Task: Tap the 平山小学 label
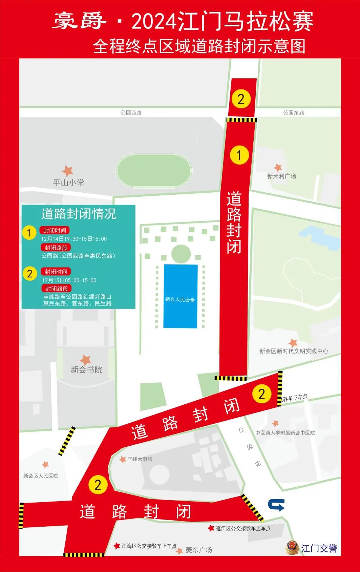[68, 183]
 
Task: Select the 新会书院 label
[86, 369]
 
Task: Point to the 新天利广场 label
[281, 176]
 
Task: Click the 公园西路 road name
[131, 112]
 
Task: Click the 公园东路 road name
[294, 112]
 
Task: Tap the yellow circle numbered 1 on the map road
[239, 155]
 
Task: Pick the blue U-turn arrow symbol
[276, 505]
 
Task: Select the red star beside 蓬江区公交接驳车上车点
[211, 528]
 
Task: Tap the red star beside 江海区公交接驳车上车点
[117, 546]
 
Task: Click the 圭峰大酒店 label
[140, 459]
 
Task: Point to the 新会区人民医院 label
[41, 476]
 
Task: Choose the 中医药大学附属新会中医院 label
[285, 433]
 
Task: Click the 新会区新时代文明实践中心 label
[294, 351]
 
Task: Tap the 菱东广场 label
[199, 550]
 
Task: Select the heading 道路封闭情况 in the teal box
[79, 214]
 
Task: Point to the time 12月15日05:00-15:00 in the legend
[69, 280]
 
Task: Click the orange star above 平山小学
[68, 171]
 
